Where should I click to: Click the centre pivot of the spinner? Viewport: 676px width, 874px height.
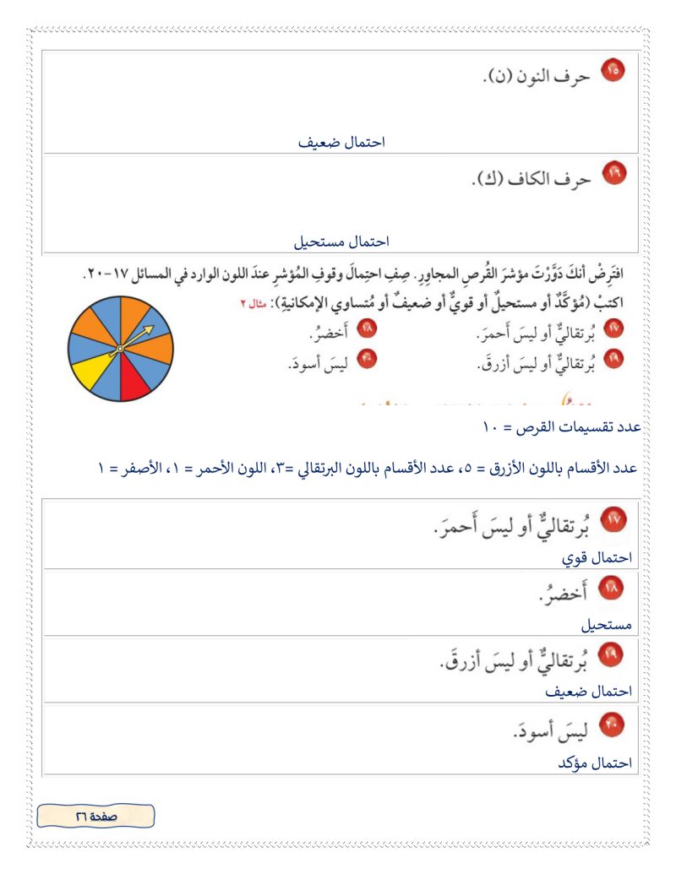point(120,348)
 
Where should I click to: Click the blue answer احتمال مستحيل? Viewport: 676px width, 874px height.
point(341,242)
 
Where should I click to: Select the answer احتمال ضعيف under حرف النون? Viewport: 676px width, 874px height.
point(341,142)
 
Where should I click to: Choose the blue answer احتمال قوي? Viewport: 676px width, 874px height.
point(597,558)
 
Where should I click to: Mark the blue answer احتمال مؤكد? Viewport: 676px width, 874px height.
point(595,763)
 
